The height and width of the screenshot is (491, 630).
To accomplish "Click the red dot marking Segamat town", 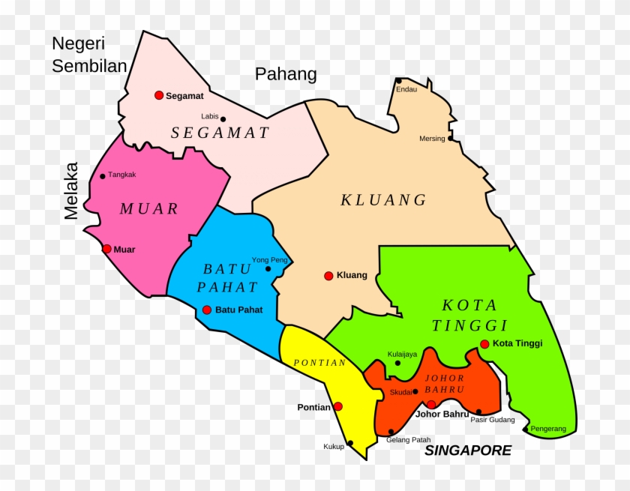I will pyautogui.click(x=159, y=95).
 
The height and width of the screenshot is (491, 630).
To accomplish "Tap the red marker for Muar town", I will pyautogui.click(x=107, y=249).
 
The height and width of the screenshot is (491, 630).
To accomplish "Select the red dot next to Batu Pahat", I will pyautogui.click(x=207, y=310).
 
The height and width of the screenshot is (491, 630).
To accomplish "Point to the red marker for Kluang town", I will pyautogui.click(x=328, y=276).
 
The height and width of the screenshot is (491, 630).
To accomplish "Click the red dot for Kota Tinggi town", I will pyautogui.click(x=484, y=345).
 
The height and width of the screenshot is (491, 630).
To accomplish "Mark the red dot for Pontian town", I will pyautogui.click(x=338, y=406).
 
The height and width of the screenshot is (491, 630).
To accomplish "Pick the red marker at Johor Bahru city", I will pyautogui.click(x=431, y=405).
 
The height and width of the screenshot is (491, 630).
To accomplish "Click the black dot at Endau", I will pyautogui.click(x=398, y=81).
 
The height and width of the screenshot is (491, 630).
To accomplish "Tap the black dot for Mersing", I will pyautogui.click(x=450, y=139).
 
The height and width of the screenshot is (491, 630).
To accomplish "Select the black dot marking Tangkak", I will pyautogui.click(x=103, y=176).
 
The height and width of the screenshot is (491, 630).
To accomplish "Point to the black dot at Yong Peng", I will pyautogui.click(x=268, y=268).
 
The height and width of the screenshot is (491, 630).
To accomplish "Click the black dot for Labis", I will pyautogui.click(x=223, y=118).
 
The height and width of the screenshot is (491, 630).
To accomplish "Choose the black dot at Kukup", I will pyautogui.click(x=350, y=443).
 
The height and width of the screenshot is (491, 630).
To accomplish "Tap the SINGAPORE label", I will pyautogui.click(x=468, y=451).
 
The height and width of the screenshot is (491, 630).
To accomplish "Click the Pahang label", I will pyautogui.click(x=286, y=74).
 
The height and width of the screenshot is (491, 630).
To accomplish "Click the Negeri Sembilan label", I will pyautogui.click(x=89, y=55).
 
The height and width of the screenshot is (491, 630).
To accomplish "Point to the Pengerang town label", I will pyautogui.click(x=548, y=429).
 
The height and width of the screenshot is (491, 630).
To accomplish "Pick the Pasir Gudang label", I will pyautogui.click(x=493, y=420).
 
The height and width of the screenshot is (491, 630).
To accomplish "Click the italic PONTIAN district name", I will pyautogui.click(x=319, y=363).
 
